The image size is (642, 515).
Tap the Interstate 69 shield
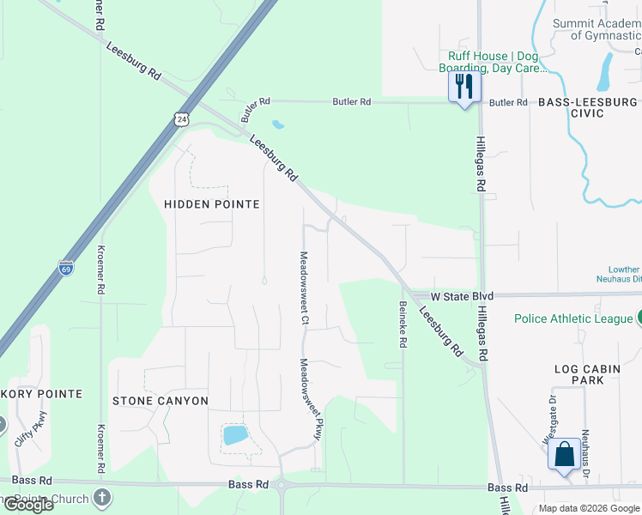[66, 268]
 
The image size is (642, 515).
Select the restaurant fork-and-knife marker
[464, 87]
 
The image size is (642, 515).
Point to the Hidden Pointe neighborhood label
[211, 203]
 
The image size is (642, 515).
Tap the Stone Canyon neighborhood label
[160, 401]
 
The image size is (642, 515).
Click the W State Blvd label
[461, 296]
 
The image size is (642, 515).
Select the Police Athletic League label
[572, 318]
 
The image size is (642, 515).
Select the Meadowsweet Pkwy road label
[308, 399]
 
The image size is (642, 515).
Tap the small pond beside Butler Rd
[278, 124]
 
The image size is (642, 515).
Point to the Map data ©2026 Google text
[589, 508]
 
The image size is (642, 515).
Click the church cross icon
[101, 498]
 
